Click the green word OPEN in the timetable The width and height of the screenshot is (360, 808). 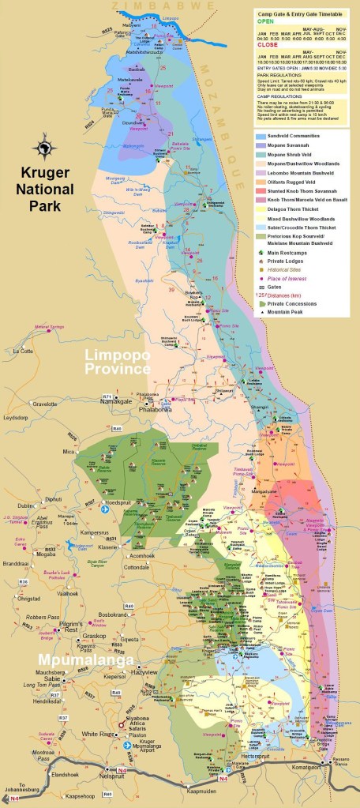264,22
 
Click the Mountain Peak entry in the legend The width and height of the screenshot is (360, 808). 290,313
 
